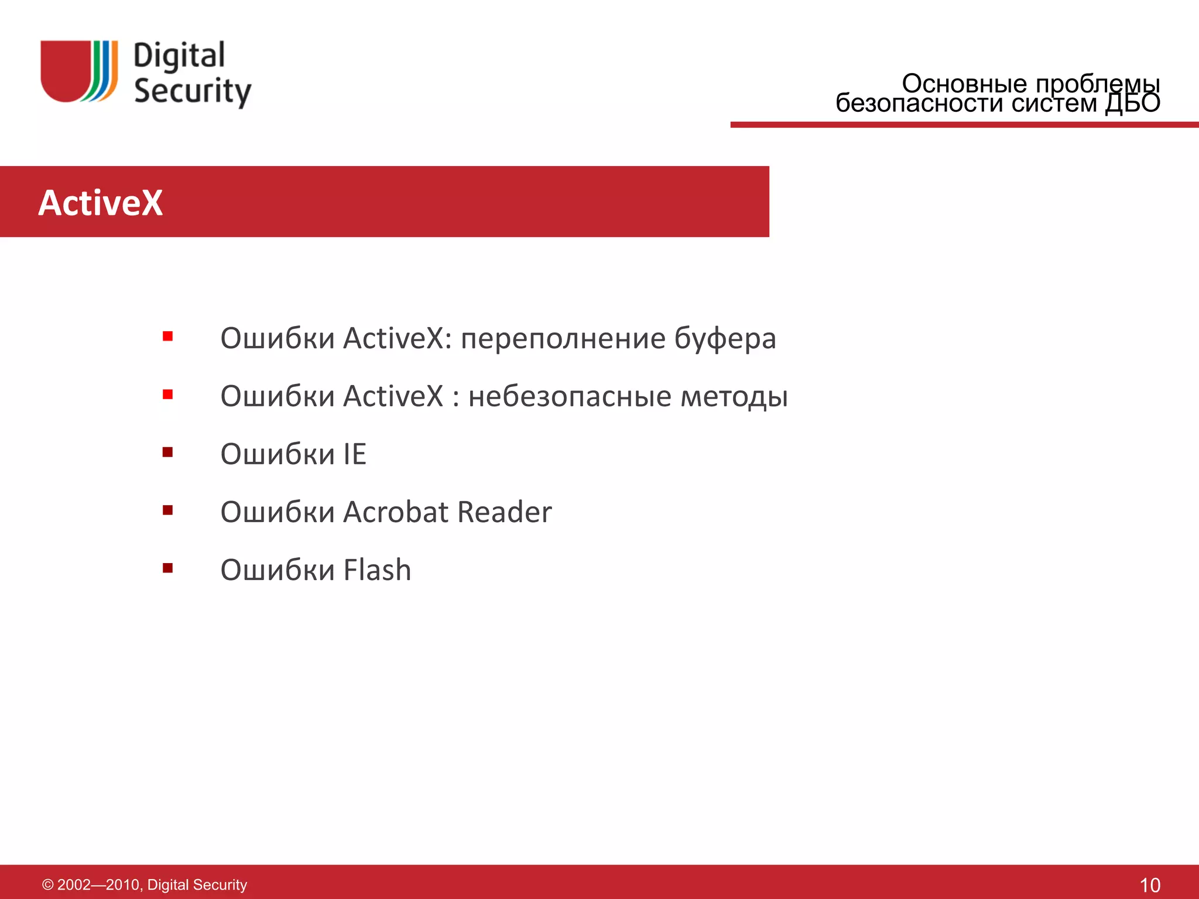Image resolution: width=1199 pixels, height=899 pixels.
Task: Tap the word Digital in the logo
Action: point(179,56)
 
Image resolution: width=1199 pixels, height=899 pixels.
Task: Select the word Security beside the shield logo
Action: point(193,91)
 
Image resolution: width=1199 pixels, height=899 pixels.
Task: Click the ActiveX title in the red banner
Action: point(101,203)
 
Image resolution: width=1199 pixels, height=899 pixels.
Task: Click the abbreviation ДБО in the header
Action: point(1132,104)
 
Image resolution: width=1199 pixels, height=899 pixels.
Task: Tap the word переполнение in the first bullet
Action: point(563,339)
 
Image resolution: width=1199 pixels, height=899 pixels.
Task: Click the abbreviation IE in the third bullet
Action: point(355,454)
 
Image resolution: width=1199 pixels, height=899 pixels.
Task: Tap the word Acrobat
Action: point(396,512)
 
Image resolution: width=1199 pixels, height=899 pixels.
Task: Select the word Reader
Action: point(504,512)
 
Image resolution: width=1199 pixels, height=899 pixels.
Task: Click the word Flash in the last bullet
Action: point(377,570)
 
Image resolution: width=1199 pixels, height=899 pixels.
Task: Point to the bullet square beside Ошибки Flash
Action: point(168,568)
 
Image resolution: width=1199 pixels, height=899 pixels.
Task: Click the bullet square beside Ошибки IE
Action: point(168,452)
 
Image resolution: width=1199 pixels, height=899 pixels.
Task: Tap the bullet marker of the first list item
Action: point(168,336)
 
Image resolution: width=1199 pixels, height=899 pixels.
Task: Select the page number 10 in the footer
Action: point(1150,885)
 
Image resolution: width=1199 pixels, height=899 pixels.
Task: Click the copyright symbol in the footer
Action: point(48,885)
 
